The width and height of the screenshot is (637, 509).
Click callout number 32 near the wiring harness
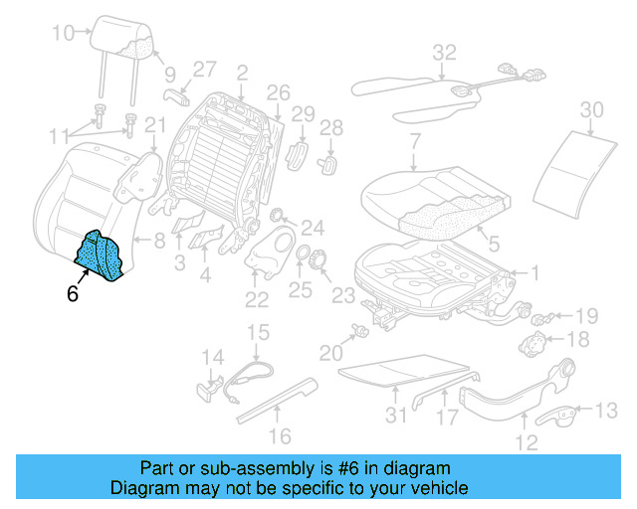(x=444, y=52)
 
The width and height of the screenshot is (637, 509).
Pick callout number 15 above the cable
(x=258, y=331)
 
